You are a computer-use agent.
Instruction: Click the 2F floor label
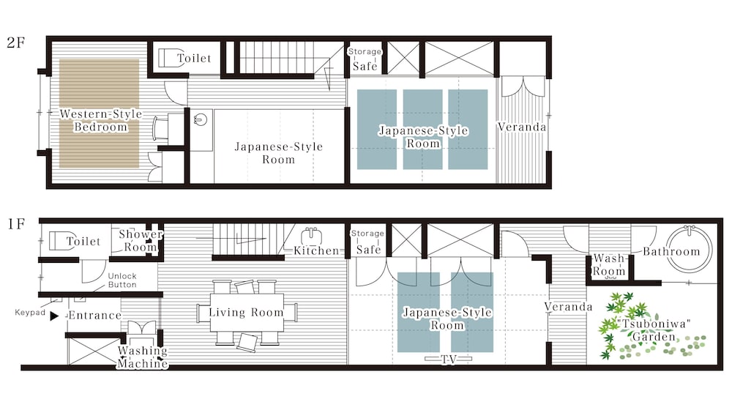point(15,42)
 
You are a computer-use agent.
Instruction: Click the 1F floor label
point(16,224)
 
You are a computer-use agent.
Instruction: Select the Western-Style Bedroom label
point(100,121)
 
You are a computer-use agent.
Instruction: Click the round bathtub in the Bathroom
point(689,249)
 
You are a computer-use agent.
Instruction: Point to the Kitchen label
point(316,250)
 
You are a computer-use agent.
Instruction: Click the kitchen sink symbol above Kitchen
point(310,236)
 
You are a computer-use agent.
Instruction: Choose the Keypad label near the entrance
point(30,313)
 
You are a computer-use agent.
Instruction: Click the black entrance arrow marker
point(54,316)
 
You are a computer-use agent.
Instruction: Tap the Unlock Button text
point(122,280)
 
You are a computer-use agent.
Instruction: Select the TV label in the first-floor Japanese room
point(449,359)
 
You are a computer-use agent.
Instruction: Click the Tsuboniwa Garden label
point(654,330)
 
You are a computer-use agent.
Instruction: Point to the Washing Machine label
point(143,357)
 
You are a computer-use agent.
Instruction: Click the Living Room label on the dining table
point(246,313)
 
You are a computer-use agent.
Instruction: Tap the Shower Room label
point(141,240)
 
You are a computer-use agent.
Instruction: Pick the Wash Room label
point(609,265)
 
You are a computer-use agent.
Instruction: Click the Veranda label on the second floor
point(521,127)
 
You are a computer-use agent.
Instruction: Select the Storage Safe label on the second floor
point(365,59)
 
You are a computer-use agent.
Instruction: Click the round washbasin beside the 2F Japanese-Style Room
point(201,119)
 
